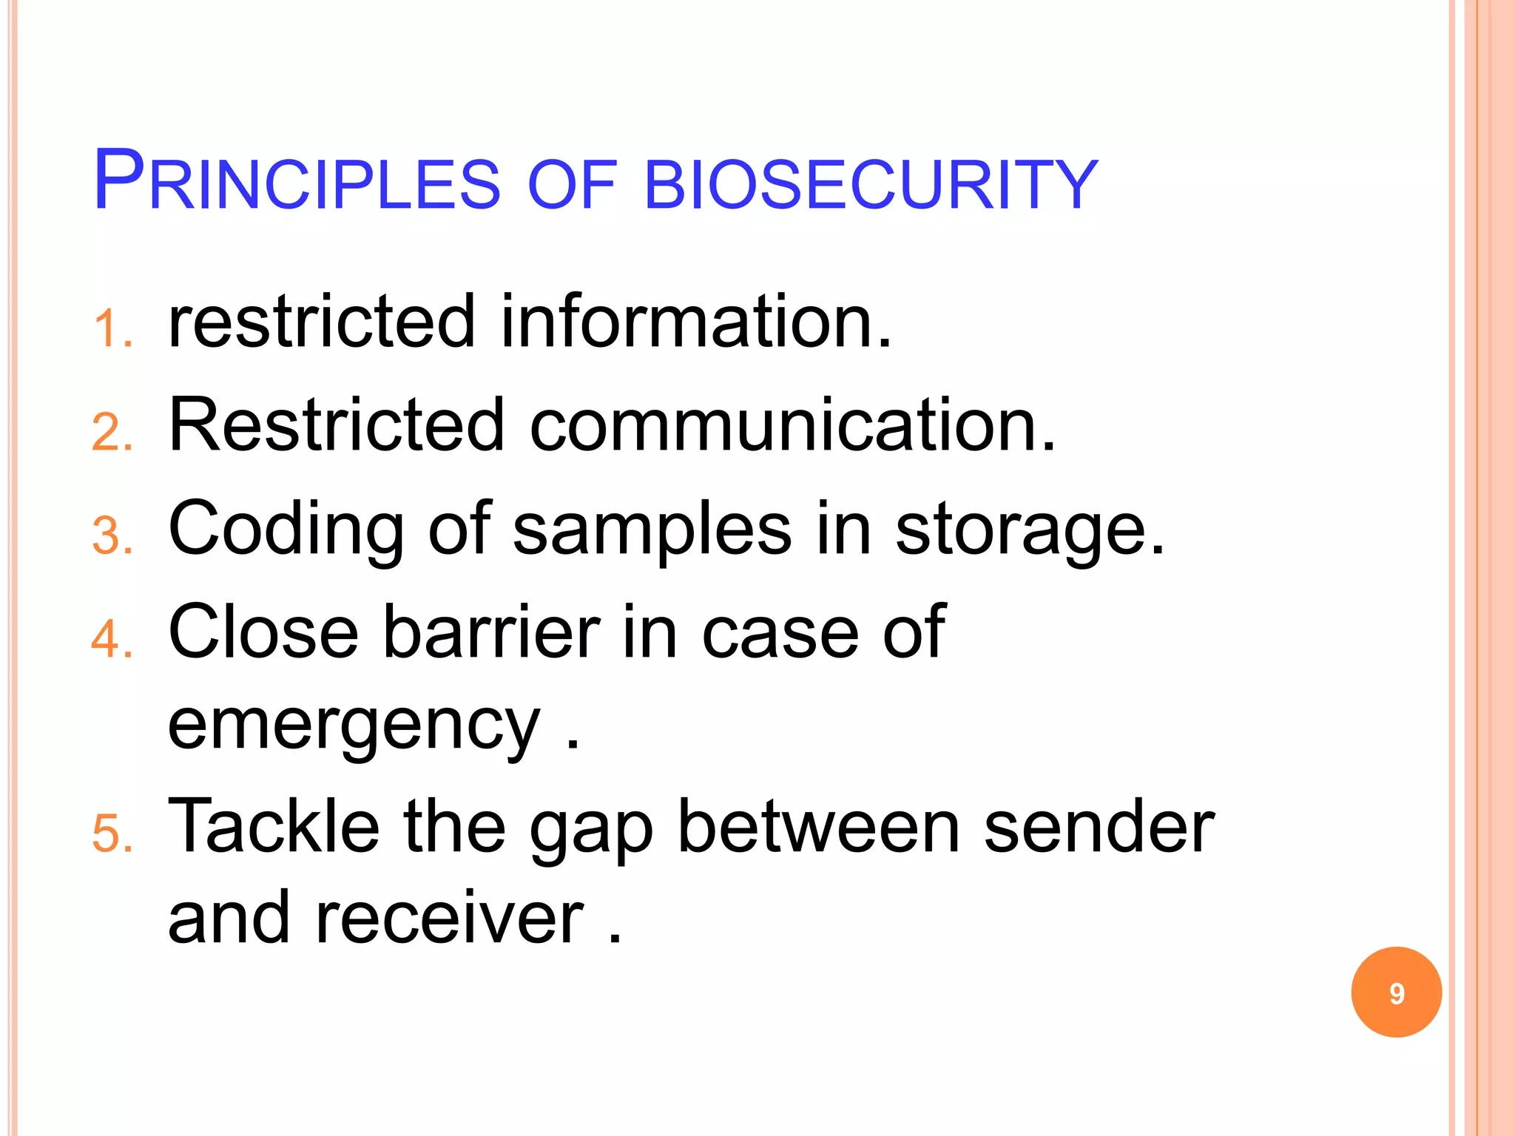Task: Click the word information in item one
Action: pyautogui.click(x=695, y=322)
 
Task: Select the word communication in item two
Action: pyautogui.click(x=792, y=425)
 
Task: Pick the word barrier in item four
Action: pyautogui.click(x=491, y=632)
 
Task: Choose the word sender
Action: pyautogui.click(x=1099, y=827)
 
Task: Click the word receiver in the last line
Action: pyautogui.click(x=450, y=919)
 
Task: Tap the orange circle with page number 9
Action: pyautogui.click(x=1396, y=993)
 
